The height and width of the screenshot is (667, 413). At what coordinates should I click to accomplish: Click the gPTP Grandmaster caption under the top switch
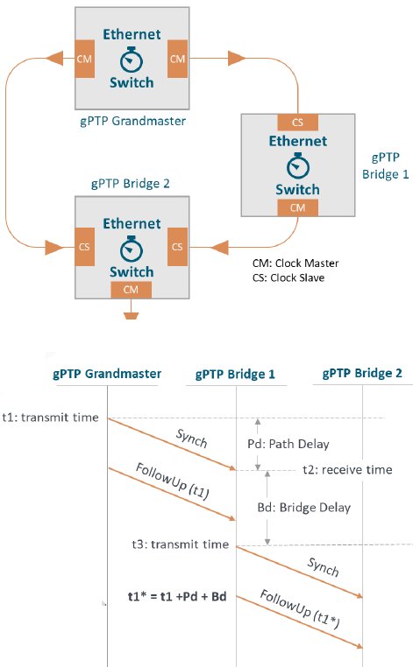click(132, 122)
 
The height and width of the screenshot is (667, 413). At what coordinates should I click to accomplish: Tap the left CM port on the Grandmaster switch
click(84, 59)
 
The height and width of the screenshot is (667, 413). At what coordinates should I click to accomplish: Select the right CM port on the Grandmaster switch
click(177, 59)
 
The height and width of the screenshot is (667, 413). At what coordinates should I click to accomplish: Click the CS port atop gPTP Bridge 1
click(297, 123)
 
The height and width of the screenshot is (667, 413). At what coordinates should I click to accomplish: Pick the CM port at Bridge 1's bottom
click(297, 208)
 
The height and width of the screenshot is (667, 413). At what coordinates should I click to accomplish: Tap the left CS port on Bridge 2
click(84, 247)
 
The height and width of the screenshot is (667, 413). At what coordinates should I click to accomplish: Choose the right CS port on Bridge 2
click(177, 247)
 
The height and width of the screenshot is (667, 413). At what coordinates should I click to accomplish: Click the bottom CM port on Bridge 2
click(131, 290)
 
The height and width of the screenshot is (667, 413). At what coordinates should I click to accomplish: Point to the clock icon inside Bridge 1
click(298, 165)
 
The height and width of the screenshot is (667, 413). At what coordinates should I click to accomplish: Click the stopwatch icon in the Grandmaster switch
click(132, 60)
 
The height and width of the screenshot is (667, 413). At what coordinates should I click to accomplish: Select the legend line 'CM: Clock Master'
click(296, 263)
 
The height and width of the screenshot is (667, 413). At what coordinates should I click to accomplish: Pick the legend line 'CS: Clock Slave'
click(288, 277)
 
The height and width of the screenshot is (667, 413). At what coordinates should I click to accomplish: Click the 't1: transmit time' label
click(50, 418)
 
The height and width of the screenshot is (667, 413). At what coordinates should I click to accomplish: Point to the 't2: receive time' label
click(347, 470)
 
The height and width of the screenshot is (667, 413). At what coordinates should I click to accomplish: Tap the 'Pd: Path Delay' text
click(288, 444)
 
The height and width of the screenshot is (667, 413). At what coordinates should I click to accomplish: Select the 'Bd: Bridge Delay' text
click(304, 508)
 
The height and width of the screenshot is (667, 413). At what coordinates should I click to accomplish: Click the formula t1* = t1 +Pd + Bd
click(177, 596)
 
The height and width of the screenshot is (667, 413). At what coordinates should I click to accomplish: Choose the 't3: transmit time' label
click(181, 544)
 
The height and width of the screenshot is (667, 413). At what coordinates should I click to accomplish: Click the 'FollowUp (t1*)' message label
click(300, 608)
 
